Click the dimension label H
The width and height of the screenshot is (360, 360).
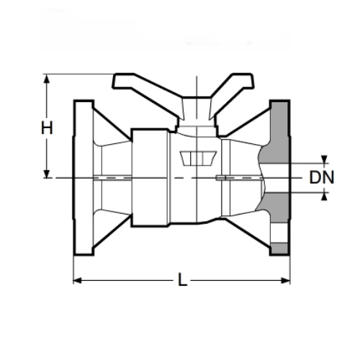47,128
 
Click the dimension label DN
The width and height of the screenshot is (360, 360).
322,178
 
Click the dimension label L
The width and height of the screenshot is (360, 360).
182,279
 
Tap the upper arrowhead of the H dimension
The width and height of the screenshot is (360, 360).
47,78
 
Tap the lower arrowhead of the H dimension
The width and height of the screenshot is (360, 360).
47,174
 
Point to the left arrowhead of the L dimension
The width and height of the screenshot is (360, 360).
78,280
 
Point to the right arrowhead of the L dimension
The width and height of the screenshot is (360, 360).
286,280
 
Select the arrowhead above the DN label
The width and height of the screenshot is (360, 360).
325,159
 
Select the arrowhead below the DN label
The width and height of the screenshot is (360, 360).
325,197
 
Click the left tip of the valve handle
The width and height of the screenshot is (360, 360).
113,81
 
